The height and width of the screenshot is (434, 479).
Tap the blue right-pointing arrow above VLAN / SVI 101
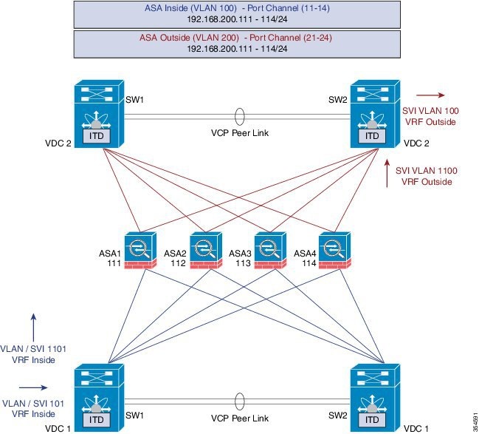point(32,385)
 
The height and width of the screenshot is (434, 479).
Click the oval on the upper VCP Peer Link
point(238,118)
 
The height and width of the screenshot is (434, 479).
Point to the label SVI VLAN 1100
point(427,171)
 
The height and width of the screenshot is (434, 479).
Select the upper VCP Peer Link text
point(238,136)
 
